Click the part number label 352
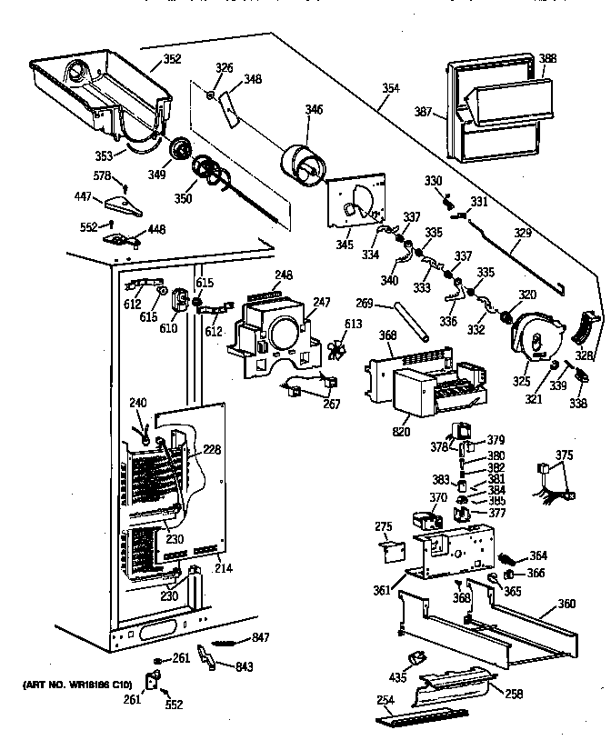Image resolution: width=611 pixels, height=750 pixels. click(x=172, y=60)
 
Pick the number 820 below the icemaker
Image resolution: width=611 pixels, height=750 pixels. click(x=400, y=434)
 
